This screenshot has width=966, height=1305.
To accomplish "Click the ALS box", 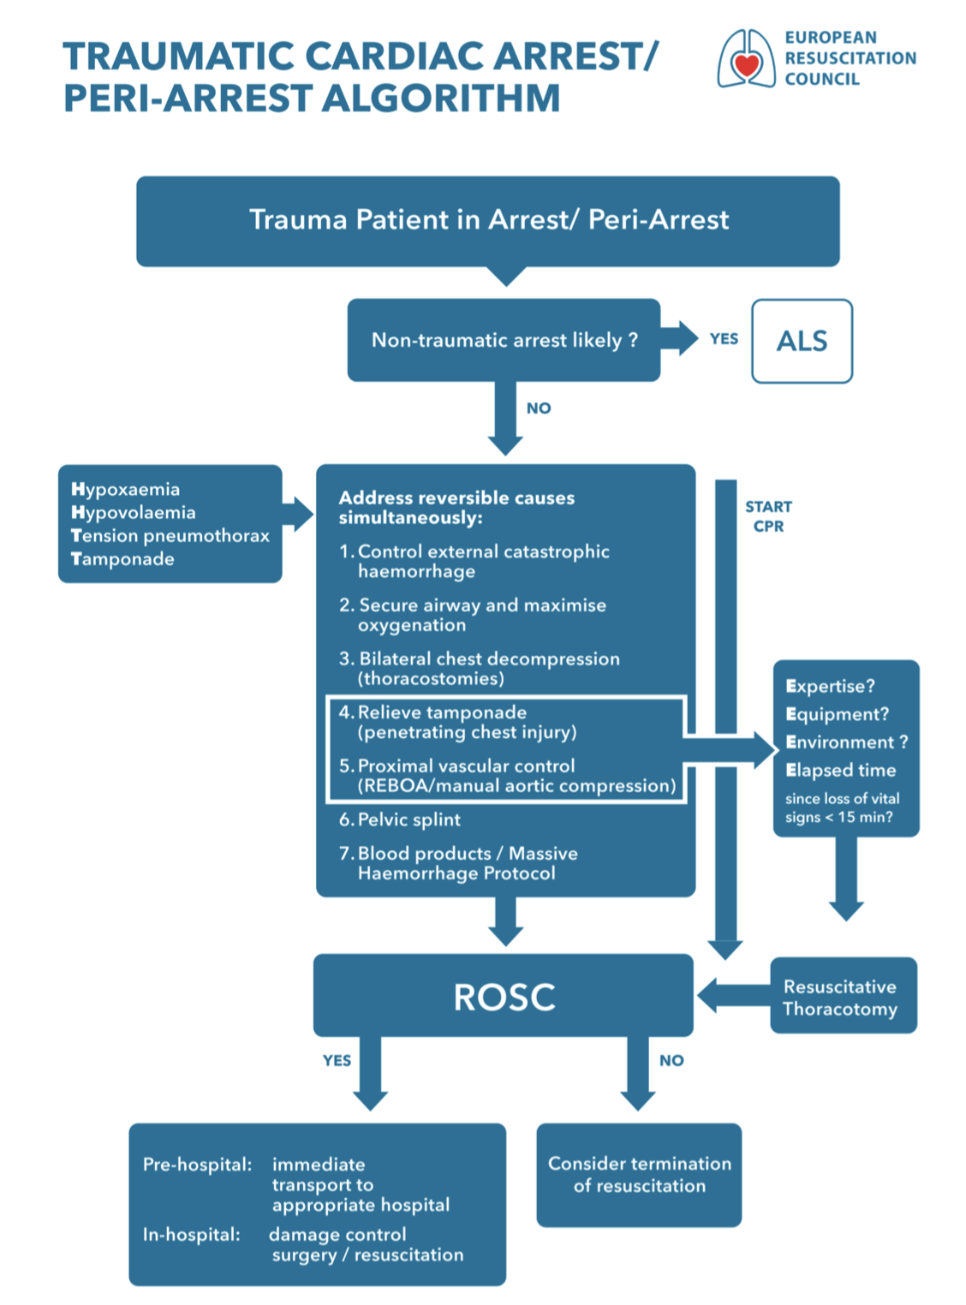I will click(802, 341).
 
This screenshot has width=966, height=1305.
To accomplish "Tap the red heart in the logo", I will click(747, 65).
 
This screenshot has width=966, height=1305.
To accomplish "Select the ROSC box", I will click(504, 996).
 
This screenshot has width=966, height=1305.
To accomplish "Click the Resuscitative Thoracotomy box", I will click(844, 997).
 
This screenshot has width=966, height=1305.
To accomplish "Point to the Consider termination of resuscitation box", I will click(639, 1175).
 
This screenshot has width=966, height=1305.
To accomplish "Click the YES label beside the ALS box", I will click(724, 339).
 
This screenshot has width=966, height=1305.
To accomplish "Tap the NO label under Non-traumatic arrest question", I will click(539, 408).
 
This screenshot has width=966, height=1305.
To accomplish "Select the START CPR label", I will click(768, 516).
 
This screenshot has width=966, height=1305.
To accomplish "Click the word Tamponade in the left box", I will click(122, 559).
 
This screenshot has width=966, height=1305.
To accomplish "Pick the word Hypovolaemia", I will click(134, 513).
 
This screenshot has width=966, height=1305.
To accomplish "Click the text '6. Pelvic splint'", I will click(400, 819).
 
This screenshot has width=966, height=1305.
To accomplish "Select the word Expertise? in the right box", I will click(830, 687).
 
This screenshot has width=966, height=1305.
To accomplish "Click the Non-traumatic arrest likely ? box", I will click(504, 340).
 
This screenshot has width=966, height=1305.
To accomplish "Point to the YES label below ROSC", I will click(337, 1060).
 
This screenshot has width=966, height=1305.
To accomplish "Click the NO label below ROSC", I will click(671, 1060).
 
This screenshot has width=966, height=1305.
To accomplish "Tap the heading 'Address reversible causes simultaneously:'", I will click(456, 508).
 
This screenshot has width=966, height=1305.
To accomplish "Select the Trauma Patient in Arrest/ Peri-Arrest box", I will click(488, 220).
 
